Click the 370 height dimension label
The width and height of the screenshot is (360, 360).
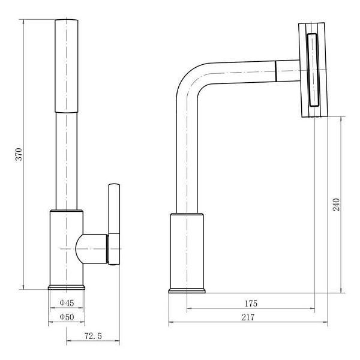point(19,154)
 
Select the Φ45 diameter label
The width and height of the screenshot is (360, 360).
point(67,303)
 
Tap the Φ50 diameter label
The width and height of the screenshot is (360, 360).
point(67,317)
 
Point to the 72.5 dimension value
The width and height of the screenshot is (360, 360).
point(93,336)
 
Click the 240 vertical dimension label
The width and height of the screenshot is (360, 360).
point(336,205)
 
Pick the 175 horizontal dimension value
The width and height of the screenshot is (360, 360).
point(251,304)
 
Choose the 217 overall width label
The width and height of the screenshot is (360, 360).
point(248,317)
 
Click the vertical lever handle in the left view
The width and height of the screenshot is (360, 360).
point(114,224)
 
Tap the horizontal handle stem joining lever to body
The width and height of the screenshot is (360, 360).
point(92,249)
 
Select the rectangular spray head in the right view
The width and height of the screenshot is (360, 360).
point(313,70)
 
